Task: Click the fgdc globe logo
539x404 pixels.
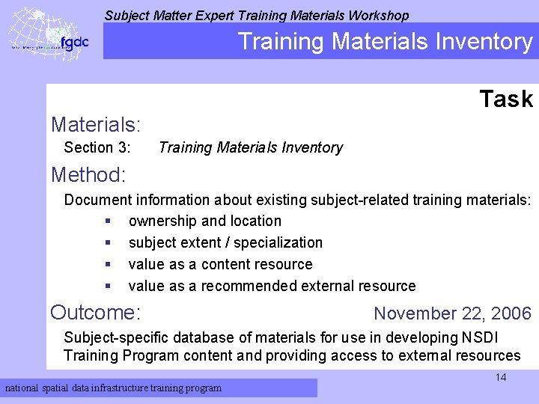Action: pos(48,34)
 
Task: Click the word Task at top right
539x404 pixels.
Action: pos(506,99)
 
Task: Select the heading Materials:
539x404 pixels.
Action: pos(96,123)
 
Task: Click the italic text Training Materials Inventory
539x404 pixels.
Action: pos(251,148)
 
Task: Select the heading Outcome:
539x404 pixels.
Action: pos(96,312)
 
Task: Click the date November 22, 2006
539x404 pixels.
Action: pos(452,313)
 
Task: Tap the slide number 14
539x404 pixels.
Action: pos(500,377)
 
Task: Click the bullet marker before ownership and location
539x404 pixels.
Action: pos(109,221)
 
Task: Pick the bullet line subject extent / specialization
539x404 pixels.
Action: pos(225,242)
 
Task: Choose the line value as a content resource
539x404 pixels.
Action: pos(220,264)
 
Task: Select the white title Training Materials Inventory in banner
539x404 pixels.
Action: pos(385,41)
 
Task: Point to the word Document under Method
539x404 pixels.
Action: pos(97,200)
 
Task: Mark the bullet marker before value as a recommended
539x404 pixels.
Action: pos(109,286)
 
